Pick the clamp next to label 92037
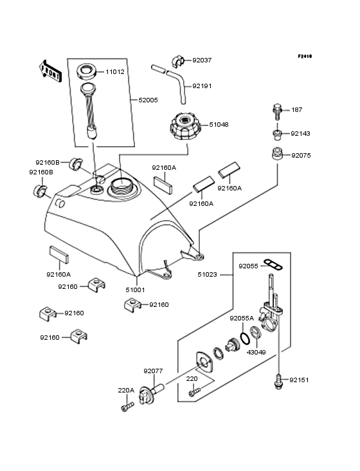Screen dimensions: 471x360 point(179,61)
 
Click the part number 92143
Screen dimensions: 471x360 point(300,134)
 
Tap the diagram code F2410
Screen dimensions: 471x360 point(305,57)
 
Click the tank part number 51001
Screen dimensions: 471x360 point(134,290)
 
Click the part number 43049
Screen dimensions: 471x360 point(256,352)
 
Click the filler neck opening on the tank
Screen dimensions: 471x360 point(122,187)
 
